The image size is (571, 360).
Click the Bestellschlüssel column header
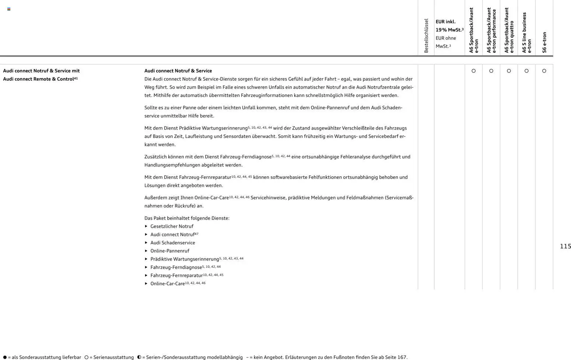(x=426, y=36)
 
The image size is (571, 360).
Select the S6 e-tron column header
(x=544, y=42)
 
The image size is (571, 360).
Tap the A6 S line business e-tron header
(x=526, y=33)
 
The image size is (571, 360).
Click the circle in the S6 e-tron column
(x=544, y=71)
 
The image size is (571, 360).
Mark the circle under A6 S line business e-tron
(x=526, y=71)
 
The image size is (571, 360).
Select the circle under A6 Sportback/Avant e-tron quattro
(x=509, y=71)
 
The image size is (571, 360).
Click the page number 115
(x=565, y=246)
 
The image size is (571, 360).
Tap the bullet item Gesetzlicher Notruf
(x=172, y=226)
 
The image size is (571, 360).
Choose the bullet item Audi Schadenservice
(x=172, y=243)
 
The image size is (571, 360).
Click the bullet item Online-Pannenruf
(x=169, y=251)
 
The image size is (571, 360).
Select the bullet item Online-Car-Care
(x=167, y=284)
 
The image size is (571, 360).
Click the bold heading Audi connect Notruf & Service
(x=178, y=71)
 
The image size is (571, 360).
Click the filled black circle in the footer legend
(x=5, y=357)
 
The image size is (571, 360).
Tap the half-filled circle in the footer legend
(x=139, y=357)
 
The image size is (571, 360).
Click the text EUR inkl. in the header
(x=445, y=22)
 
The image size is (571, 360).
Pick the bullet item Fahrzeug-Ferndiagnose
(x=176, y=268)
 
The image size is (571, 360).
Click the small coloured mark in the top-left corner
(x=9, y=9)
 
